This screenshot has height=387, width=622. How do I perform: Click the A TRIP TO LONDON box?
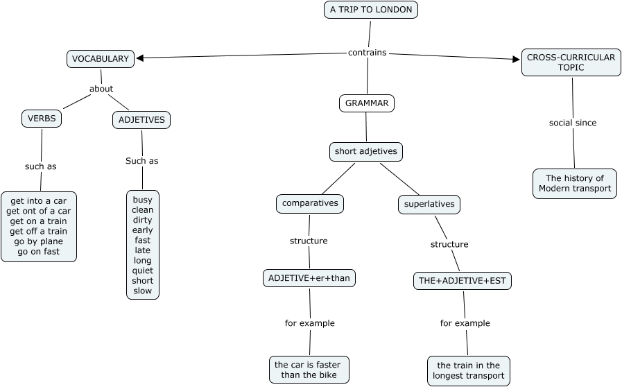point(370,10)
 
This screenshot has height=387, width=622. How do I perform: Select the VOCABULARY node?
point(101,59)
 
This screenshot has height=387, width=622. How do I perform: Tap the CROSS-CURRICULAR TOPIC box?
point(571,62)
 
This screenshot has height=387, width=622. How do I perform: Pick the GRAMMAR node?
point(367,103)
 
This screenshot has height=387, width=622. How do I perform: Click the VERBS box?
point(42,119)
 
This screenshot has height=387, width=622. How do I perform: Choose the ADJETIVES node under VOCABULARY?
point(141,120)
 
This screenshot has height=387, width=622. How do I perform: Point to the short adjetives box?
point(365,151)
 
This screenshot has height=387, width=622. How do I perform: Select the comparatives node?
point(309,203)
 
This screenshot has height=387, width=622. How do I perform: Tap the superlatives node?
point(429,204)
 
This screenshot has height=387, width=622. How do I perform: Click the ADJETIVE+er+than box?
point(309,278)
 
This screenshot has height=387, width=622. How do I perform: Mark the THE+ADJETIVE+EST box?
point(462,281)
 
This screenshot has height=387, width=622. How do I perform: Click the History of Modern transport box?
point(575,183)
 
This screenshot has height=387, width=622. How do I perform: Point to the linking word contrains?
point(367,52)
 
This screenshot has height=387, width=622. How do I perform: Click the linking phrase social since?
point(573,123)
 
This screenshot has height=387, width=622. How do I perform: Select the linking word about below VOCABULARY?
point(101,89)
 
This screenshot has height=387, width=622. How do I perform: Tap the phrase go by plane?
point(38,241)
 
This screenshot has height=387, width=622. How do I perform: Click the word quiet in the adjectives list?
point(143,270)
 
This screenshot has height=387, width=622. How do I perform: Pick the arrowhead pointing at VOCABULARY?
point(139,58)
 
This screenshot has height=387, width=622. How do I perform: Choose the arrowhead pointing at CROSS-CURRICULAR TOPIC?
point(516,60)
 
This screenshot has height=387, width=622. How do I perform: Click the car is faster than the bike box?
point(309,370)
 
